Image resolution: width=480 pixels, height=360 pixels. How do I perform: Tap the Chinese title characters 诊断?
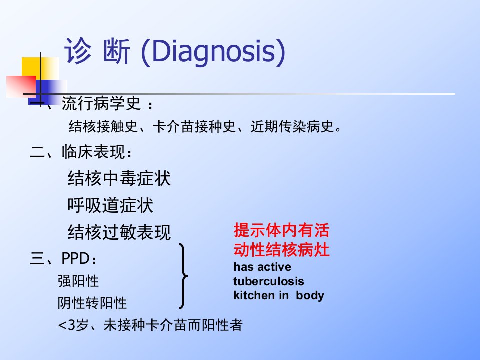pos(97,51)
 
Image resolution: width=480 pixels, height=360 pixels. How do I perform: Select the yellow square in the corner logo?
pos(40,69)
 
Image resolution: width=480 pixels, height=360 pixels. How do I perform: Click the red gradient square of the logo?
pos(21,87)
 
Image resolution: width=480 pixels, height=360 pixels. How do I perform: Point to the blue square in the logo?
pos(47,92)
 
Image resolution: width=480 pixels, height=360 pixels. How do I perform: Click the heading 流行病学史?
pos(101,103)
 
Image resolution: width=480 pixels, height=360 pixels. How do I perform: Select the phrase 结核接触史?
pos(103,126)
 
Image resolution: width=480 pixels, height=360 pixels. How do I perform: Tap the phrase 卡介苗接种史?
pos(194,126)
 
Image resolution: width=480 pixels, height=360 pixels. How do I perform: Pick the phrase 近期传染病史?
pos(292,126)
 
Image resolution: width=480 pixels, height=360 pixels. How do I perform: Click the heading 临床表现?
pos(93,152)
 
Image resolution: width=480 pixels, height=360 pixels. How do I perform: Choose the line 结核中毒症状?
pos(119,178)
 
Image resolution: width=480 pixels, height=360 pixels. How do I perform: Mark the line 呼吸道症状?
pos(110,205)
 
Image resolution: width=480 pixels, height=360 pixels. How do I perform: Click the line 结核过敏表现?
pos(119,232)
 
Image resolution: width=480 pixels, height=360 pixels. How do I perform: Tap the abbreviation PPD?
pos(75,258)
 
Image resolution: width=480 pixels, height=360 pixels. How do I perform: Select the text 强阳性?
pos(78,281)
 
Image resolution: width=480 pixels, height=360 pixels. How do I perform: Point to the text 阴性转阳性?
pos(92,303)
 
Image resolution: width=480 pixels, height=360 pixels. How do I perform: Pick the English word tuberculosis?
pos(269,281)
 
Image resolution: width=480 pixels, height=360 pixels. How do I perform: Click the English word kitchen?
pos(254,295)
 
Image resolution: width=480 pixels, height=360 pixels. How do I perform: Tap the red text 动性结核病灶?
pos(281,250)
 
